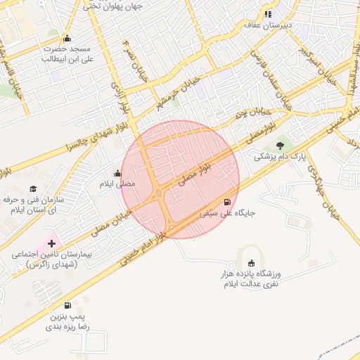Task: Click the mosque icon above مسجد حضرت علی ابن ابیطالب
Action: click(x=67, y=38)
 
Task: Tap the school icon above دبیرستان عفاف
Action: click(x=267, y=14)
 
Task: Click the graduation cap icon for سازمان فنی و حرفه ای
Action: click(x=33, y=188)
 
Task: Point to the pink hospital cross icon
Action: click(x=51, y=243)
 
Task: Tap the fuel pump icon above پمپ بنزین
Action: click(x=67, y=305)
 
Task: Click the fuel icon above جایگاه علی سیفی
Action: click(x=227, y=201)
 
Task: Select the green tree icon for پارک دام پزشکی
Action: click(x=281, y=146)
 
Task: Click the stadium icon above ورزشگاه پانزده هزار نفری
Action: click(x=252, y=262)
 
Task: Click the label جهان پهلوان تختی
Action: click(x=112, y=6)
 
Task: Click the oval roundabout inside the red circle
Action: click(x=160, y=193)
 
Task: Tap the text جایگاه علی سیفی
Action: click(x=228, y=212)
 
